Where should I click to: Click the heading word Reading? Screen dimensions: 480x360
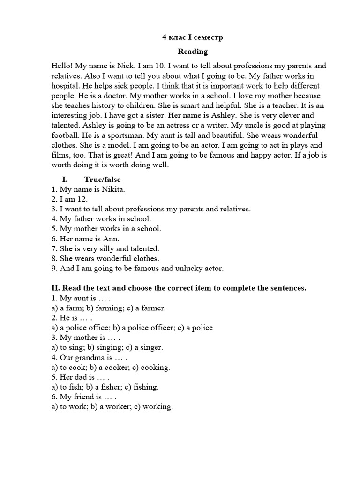192,52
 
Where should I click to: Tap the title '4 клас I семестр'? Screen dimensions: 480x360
192,37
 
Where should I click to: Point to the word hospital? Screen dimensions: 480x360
65,86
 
